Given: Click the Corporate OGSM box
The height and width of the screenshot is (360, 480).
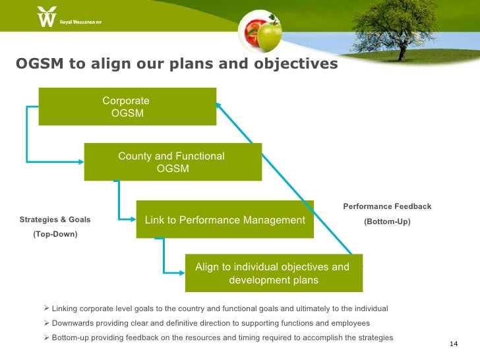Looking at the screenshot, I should (127, 107).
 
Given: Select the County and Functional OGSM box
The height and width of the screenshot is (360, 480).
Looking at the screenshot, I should (173, 162).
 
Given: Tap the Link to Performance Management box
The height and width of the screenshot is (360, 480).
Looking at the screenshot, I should (225, 219).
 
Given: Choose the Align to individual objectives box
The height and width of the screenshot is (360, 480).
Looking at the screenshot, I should (273, 274).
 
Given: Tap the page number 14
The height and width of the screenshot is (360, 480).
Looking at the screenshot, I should (453, 344).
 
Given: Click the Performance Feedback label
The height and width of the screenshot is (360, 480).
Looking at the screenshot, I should (387, 207).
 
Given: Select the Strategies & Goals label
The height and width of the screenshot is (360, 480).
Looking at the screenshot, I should (55, 220).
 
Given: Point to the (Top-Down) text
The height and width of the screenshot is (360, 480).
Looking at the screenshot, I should (55, 234).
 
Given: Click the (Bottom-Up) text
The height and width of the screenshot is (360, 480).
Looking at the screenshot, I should (387, 222).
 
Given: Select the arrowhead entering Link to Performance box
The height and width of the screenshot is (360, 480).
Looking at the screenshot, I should (133, 218).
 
